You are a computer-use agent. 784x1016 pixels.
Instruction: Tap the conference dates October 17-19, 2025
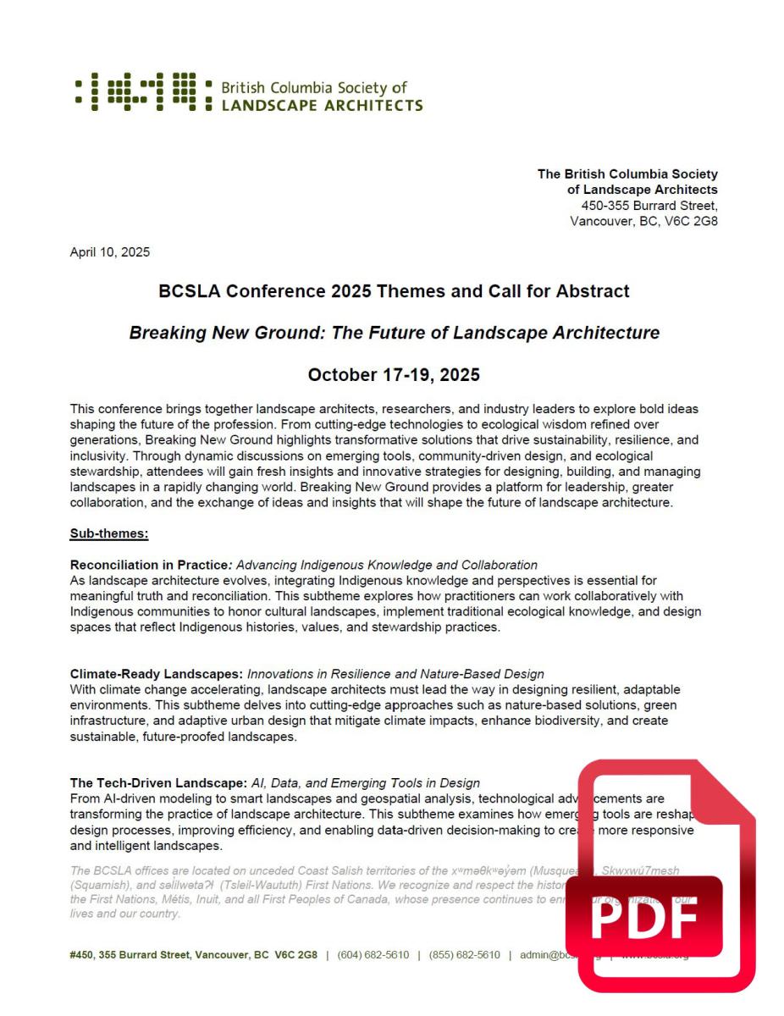[x=394, y=374]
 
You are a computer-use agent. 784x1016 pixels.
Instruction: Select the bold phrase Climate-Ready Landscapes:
[x=157, y=674]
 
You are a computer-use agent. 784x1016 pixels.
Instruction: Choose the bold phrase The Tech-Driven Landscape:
[x=158, y=783]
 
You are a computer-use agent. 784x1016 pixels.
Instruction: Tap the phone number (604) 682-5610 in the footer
[x=373, y=955]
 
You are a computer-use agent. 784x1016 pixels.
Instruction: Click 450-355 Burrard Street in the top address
[x=649, y=205]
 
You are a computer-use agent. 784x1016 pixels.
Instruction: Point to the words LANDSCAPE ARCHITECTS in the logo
[x=322, y=106]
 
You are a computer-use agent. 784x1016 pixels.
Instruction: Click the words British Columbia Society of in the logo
[x=313, y=88]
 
